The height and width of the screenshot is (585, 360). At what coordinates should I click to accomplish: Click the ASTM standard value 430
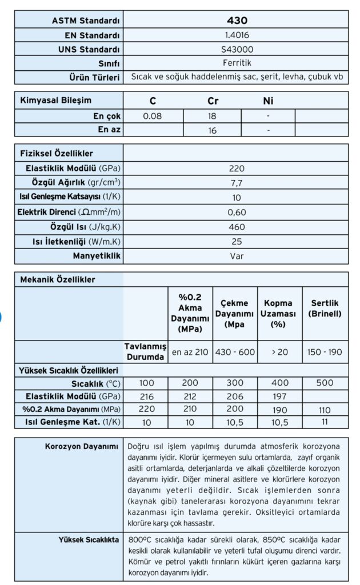[x=237, y=21]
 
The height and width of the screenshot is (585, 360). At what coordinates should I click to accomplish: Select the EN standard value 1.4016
[x=237, y=35]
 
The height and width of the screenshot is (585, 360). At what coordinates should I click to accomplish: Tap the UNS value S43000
[x=237, y=49]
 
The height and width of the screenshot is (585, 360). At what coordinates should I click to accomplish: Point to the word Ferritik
[x=237, y=63]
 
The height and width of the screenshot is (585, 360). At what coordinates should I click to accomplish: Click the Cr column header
[x=213, y=101]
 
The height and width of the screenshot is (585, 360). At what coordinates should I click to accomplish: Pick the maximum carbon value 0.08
[x=153, y=116]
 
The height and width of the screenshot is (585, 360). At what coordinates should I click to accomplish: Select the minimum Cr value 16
[x=213, y=130]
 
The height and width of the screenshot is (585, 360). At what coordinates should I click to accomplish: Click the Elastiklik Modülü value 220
[x=236, y=169]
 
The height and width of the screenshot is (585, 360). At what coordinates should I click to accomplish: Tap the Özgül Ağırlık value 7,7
[x=236, y=183]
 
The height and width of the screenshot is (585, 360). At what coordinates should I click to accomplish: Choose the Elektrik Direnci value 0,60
[x=236, y=213]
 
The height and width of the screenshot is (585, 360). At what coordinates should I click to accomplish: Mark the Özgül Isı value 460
[x=236, y=227]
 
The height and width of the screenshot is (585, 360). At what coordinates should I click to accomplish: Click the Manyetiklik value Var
[x=236, y=256]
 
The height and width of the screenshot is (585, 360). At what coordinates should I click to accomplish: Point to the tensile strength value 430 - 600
[x=235, y=352]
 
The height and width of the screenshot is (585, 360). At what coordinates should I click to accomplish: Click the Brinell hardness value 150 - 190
[x=325, y=352]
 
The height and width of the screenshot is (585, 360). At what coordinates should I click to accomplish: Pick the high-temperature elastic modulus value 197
[x=280, y=395]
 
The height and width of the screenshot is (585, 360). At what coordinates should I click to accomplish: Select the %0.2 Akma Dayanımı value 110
[x=325, y=410]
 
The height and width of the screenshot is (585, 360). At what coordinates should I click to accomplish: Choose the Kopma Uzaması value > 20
[x=280, y=352]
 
